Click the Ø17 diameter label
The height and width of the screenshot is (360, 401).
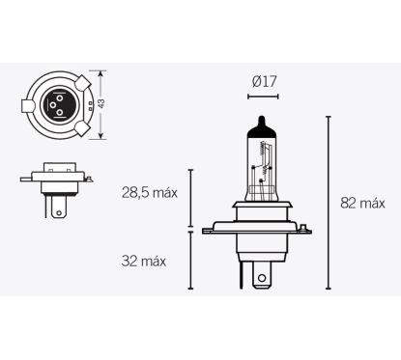pyautogui.click(x=264, y=82)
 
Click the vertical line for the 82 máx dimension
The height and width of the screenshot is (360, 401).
pyautogui.click(x=329, y=203)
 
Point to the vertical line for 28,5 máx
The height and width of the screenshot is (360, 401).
pyautogui.click(x=189, y=198)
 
